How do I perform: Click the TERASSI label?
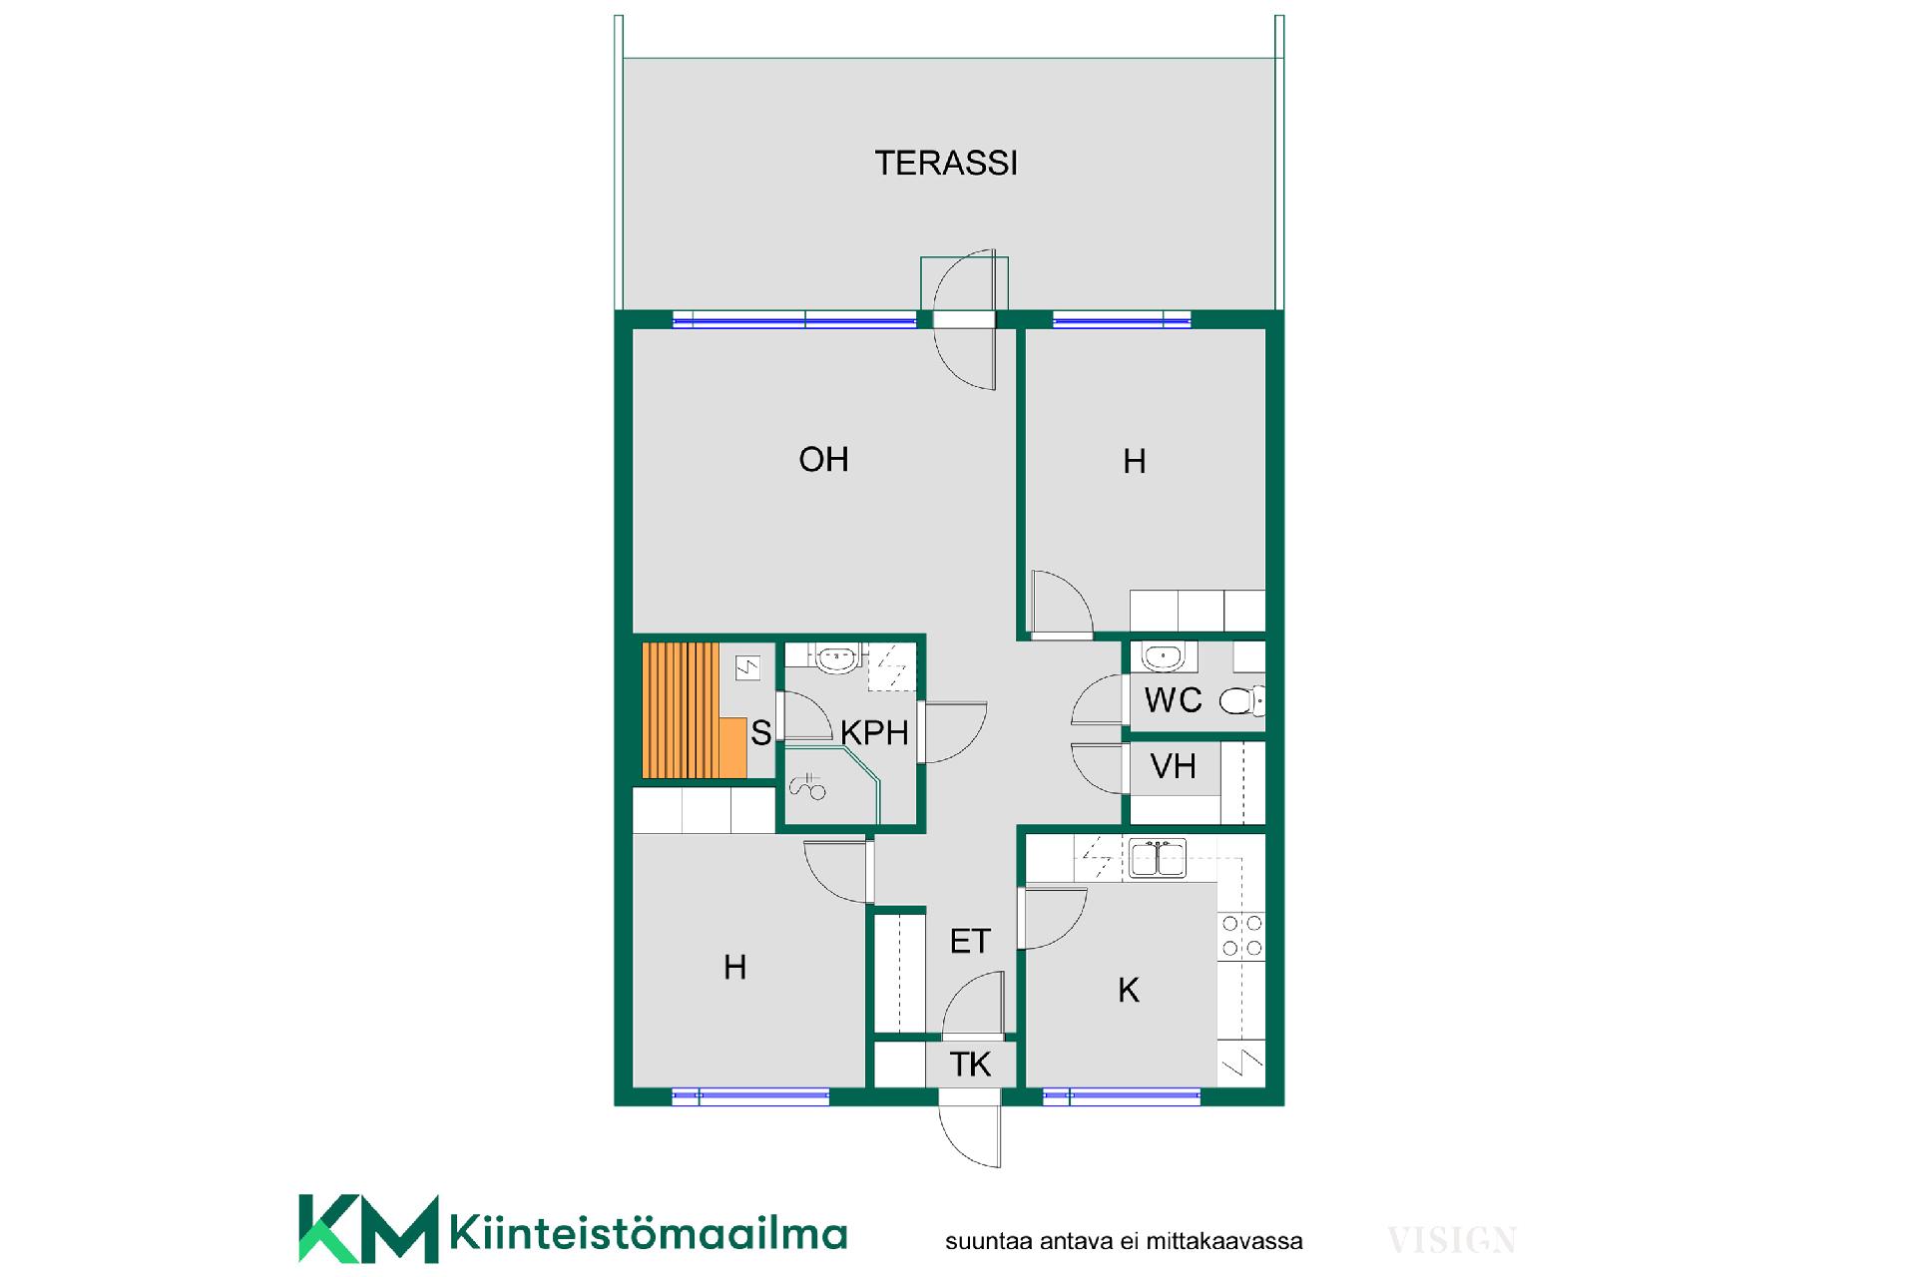click(946, 163)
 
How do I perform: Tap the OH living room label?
click(823, 459)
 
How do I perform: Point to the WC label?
click(1173, 700)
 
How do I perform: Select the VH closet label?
click(1173, 766)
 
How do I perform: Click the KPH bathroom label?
click(874, 733)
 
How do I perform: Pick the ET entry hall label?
click(970, 941)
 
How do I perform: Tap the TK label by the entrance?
click(970, 1064)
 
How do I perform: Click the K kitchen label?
click(1129, 990)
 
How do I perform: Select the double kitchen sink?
click(1158, 858)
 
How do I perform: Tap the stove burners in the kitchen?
click(1242, 936)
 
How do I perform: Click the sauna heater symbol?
click(747, 667)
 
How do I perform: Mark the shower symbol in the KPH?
click(807, 787)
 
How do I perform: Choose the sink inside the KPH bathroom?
click(836, 657)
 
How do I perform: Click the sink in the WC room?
click(1163, 656)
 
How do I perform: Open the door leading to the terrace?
click(965, 319)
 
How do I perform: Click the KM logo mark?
click(368, 1229)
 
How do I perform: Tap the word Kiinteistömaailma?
click(649, 1233)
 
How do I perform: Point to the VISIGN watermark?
click(1452, 1241)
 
